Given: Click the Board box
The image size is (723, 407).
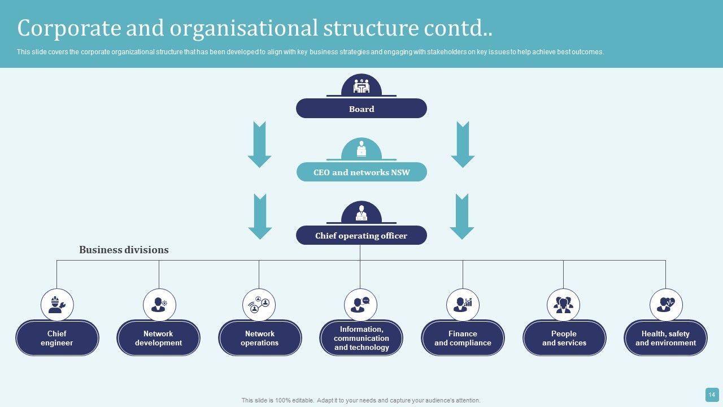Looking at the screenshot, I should [x=361, y=109].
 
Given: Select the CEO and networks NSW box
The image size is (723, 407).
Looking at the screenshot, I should [x=361, y=172].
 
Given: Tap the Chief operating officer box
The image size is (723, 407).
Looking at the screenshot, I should [x=361, y=236].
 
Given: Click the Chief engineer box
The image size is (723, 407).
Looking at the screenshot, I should [x=57, y=338].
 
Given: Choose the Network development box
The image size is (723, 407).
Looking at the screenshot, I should [x=158, y=338].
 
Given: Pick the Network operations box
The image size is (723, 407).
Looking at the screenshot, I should [x=260, y=338].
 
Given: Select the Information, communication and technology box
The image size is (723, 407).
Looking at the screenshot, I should [x=361, y=338].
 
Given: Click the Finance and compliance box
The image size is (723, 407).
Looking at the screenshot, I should [x=463, y=338].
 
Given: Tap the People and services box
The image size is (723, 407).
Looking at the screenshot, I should [x=564, y=338].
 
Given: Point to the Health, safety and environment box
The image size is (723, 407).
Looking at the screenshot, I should [x=665, y=338].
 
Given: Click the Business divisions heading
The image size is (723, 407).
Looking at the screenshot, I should [x=124, y=250].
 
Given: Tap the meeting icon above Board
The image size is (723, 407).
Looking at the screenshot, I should [x=361, y=86].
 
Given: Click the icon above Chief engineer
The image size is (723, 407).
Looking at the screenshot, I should [x=57, y=305].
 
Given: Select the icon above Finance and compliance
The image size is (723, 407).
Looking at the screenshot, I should [x=463, y=305].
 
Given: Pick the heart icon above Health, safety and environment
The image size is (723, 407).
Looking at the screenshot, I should [x=666, y=305].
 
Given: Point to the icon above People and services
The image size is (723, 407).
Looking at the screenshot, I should [x=563, y=305].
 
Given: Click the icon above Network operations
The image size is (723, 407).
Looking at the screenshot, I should [x=259, y=305].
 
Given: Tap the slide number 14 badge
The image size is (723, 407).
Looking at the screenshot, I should [x=712, y=395].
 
